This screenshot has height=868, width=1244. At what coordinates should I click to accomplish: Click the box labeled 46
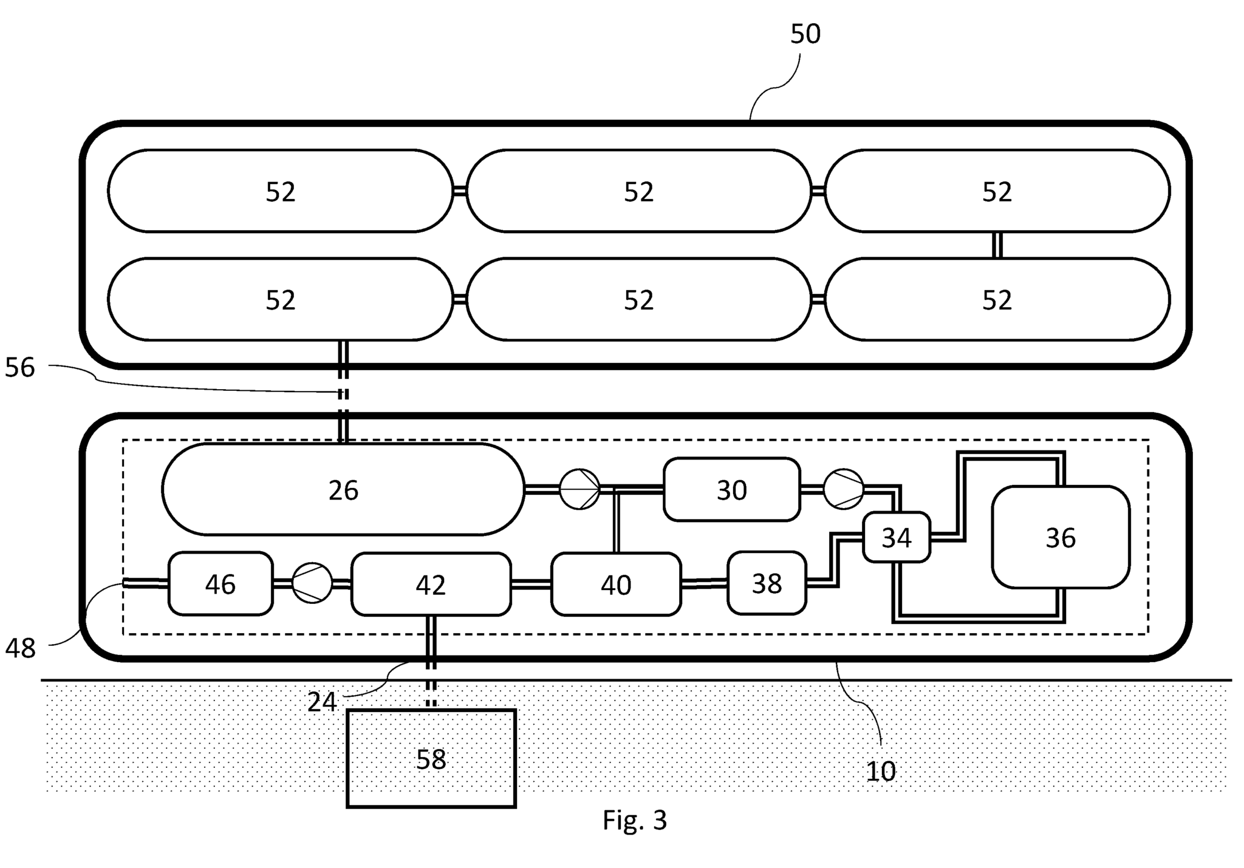coord(220,584)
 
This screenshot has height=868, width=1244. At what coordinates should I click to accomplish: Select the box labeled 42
coord(431,584)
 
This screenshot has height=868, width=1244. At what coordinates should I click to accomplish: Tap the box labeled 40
coord(615,584)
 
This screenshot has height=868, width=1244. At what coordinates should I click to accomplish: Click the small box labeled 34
coord(896,537)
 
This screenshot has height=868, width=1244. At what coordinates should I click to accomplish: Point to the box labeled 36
coord(1060,537)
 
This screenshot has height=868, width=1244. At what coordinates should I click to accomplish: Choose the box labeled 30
coord(731,489)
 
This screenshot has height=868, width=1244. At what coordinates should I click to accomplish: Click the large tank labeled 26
coord(343,489)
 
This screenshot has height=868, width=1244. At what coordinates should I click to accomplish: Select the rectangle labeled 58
coord(431,759)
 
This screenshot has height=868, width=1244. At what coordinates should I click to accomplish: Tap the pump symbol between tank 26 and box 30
coord(579,489)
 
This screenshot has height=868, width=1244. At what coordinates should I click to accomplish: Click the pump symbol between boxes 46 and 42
coord(312,583)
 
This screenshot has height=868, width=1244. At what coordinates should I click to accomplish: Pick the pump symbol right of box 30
coord(843,489)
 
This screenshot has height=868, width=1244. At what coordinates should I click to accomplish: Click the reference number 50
coord(805,34)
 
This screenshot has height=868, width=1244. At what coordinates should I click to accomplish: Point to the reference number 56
coord(20,368)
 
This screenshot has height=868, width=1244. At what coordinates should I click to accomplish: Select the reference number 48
coord(20,649)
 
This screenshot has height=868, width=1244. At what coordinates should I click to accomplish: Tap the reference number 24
coord(321,702)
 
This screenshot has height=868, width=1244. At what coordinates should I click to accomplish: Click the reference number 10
coord(880,771)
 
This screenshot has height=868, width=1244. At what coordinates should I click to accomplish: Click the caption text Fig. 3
coord(634,820)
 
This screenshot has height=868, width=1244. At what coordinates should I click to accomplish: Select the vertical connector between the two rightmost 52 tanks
coord(997,245)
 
